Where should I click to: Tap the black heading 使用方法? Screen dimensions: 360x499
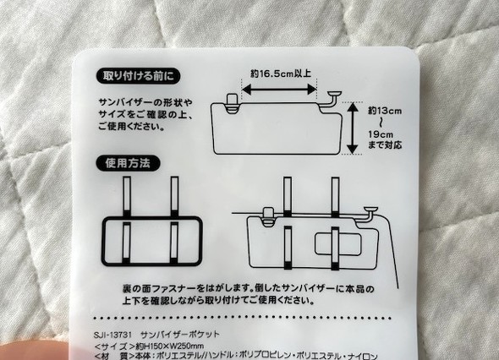pos(127,163)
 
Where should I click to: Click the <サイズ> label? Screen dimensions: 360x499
pos(113,346)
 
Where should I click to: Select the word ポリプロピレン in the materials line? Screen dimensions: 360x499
pos(303,357)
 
